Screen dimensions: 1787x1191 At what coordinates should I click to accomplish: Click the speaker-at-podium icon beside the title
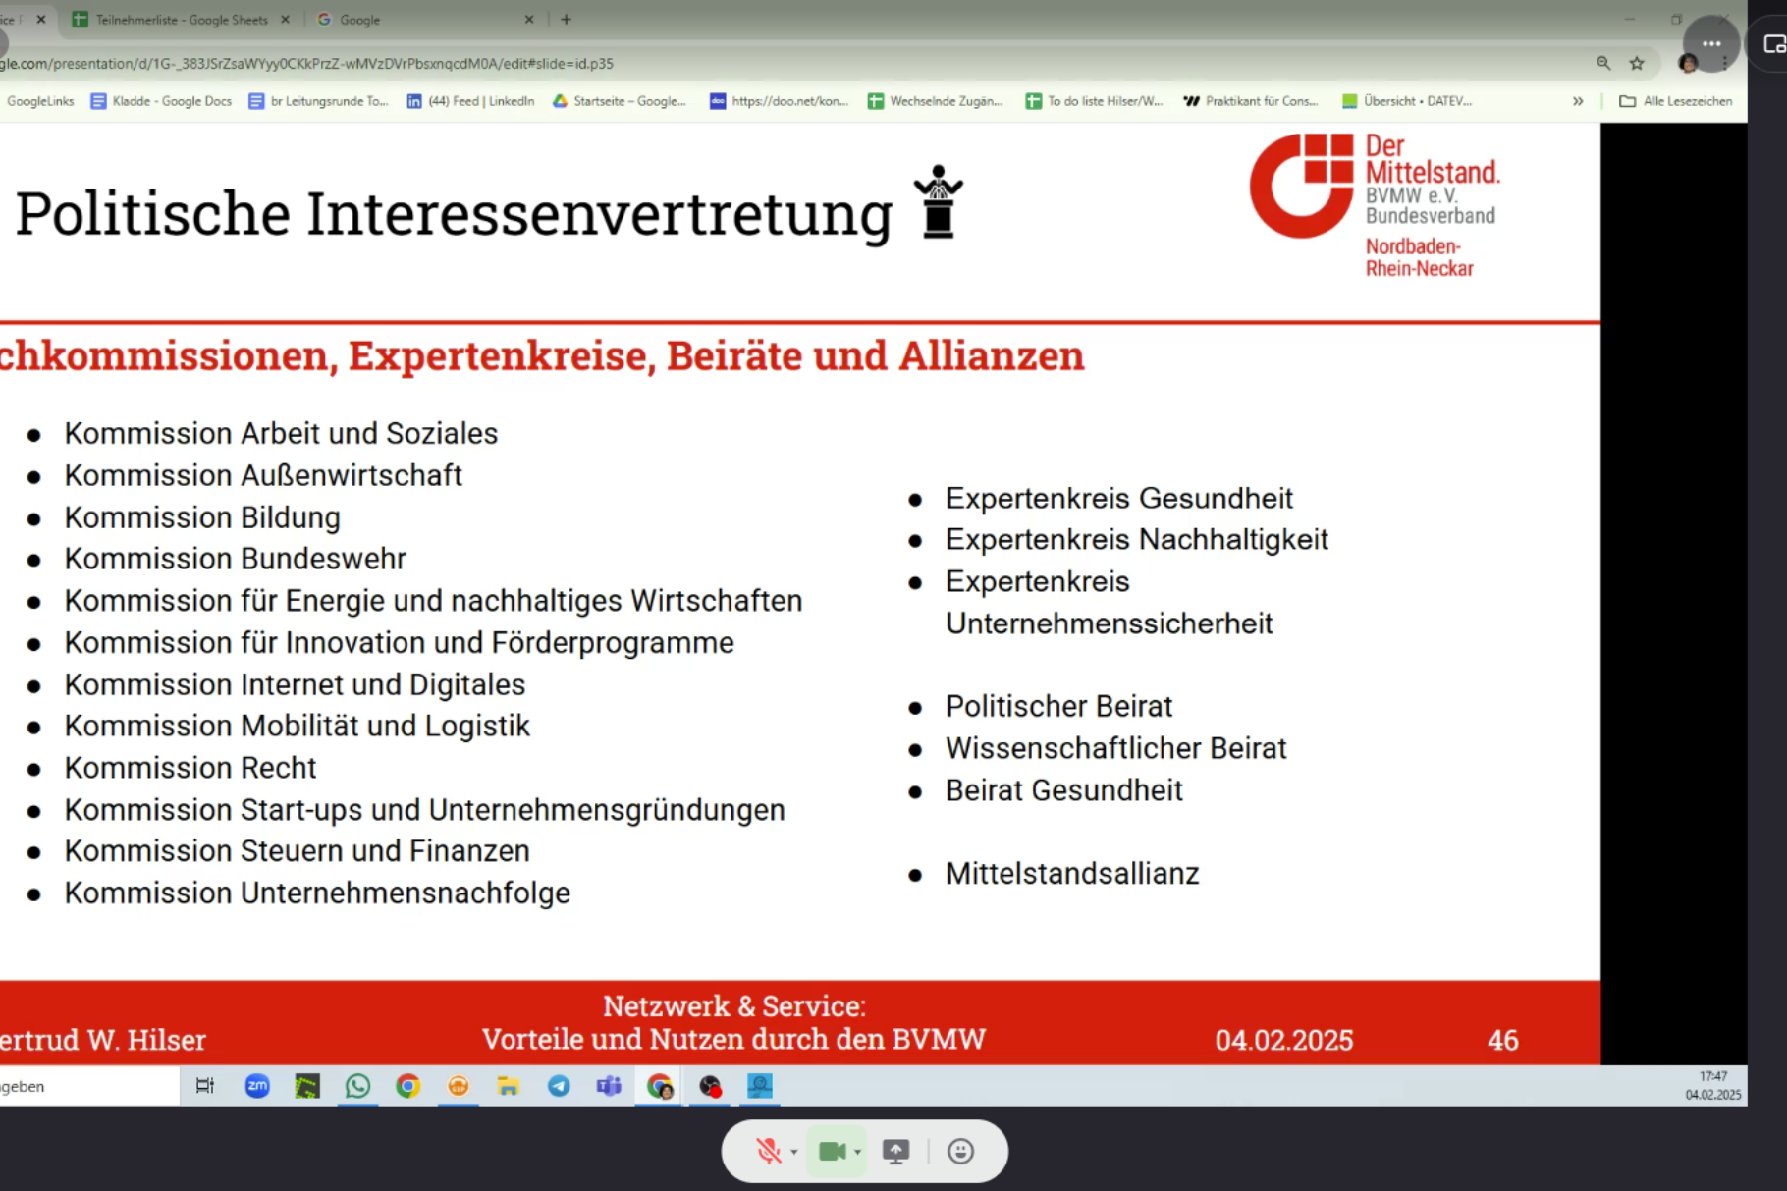(939, 201)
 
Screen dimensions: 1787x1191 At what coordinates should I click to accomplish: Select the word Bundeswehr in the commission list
(324, 559)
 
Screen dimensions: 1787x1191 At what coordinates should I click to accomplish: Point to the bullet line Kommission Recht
(190, 768)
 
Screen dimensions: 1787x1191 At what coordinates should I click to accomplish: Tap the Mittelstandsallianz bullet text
(1072, 874)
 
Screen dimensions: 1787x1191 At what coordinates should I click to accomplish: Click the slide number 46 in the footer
(1503, 1040)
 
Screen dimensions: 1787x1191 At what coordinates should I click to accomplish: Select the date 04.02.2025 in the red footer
(1284, 1040)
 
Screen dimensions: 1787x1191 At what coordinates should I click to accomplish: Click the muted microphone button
(769, 1151)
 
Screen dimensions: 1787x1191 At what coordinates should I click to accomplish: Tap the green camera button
(833, 1151)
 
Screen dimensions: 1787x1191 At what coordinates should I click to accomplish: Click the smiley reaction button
(961, 1151)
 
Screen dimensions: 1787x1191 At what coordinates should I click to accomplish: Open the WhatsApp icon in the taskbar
(357, 1086)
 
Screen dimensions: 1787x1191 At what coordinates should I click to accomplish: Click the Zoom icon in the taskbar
(257, 1086)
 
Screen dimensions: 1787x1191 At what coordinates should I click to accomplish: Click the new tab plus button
(566, 19)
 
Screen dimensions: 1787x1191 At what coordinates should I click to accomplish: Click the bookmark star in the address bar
(1637, 63)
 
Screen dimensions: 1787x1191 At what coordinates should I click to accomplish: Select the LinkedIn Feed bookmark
(470, 101)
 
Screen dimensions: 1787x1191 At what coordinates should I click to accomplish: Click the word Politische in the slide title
(153, 213)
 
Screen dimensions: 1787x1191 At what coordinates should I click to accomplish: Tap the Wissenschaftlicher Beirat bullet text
(1115, 749)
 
